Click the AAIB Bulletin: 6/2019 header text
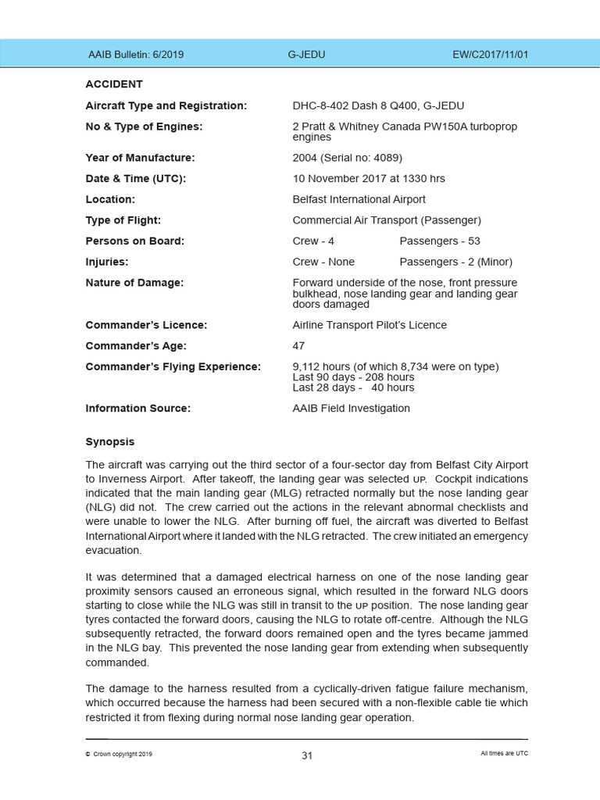tap(136, 55)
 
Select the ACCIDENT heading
tap(114, 84)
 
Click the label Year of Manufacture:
tap(140, 158)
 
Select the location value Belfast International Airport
tap(359, 199)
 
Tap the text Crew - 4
tap(313, 241)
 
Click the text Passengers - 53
tap(440, 241)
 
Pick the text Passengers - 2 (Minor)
tap(455, 262)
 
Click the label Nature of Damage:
tap(134, 283)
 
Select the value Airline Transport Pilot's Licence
tap(370, 325)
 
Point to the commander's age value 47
tap(298, 345)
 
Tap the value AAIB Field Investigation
tap(351, 408)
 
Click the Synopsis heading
tap(110, 442)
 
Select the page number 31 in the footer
tap(307, 755)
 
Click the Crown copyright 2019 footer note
tap(119, 754)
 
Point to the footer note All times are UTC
tap(504, 754)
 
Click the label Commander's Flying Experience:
tap(173, 366)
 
